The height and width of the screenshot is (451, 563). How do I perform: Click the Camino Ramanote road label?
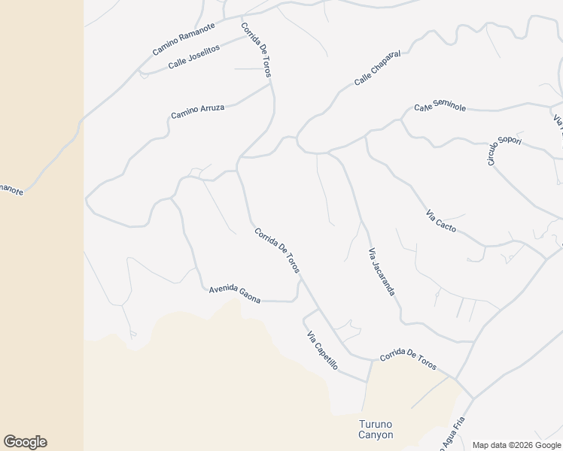coord(184,38)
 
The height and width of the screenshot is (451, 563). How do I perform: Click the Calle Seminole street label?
coord(440,107)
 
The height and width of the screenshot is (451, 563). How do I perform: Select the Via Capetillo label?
coord(322,350)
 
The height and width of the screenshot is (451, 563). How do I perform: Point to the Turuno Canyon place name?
coord(375,429)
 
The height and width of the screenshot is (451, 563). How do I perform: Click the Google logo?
coord(25,442)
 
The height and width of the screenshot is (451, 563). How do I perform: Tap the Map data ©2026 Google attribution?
coord(516,445)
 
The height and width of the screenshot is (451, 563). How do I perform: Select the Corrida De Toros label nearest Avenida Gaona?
coord(277,250)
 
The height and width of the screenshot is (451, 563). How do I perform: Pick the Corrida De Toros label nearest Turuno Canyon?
coord(408,359)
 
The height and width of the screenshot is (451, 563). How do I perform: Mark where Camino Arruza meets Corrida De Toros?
coord(271,83)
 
